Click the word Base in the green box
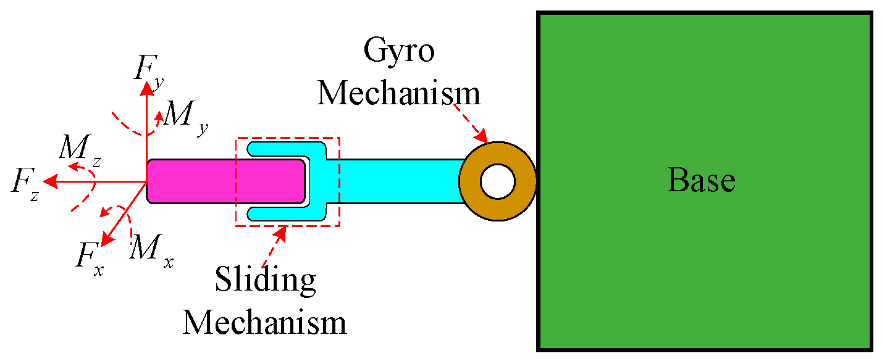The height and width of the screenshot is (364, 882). [701, 181]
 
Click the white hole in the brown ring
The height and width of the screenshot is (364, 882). [497, 181]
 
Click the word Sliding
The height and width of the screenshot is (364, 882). [265, 281]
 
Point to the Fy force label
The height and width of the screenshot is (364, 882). [149, 68]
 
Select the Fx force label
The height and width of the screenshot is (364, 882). [89, 255]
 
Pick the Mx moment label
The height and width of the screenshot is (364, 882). [151, 250]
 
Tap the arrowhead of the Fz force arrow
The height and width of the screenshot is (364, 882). [52, 181]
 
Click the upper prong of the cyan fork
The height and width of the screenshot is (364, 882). [284, 149]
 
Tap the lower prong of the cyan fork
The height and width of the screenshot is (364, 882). [284, 213]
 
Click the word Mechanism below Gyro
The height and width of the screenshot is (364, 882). [398, 93]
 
